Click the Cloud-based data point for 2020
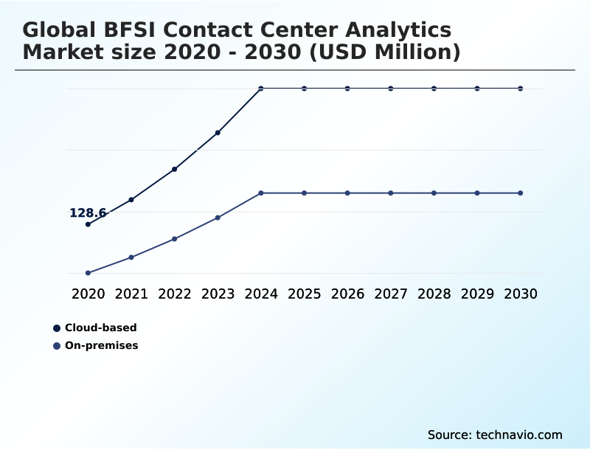88,224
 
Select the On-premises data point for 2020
88,273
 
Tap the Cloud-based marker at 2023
218,133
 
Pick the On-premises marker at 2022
175,239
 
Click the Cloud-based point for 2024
261,89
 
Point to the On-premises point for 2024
261,193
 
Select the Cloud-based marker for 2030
521,89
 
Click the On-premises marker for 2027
391,193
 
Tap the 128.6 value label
88,213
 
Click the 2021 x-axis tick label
131,294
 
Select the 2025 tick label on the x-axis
304,294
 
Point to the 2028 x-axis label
434,294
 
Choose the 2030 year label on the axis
521,294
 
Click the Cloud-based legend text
101,328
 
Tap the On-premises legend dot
57,345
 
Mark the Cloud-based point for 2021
131,200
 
